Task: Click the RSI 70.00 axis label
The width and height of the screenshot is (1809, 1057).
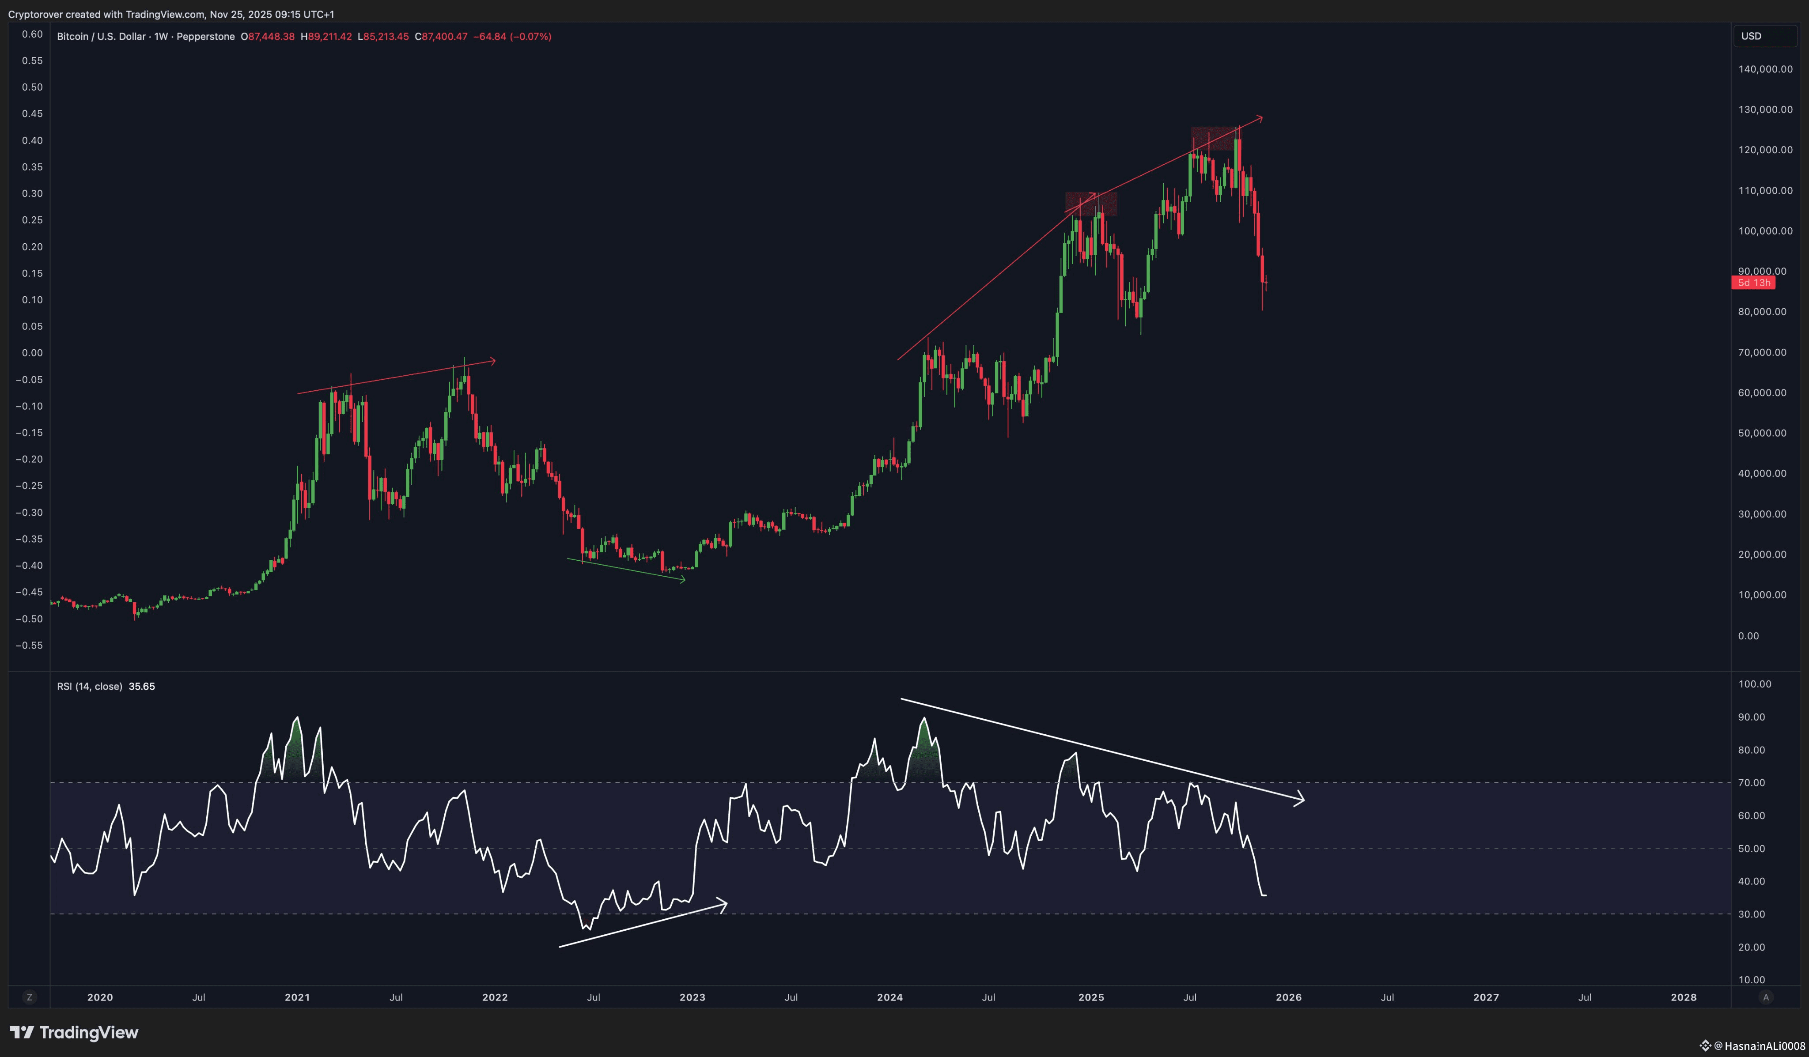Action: point(1752,782)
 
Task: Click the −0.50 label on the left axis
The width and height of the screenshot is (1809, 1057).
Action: point(30,619)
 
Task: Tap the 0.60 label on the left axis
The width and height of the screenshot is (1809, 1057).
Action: point(32,34)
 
